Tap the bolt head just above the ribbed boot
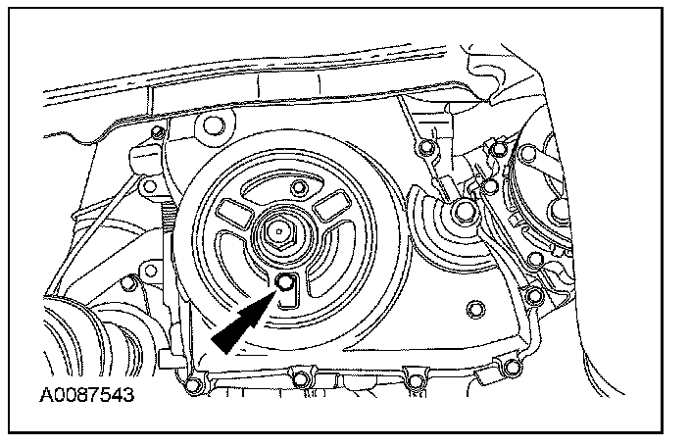point(127,284)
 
